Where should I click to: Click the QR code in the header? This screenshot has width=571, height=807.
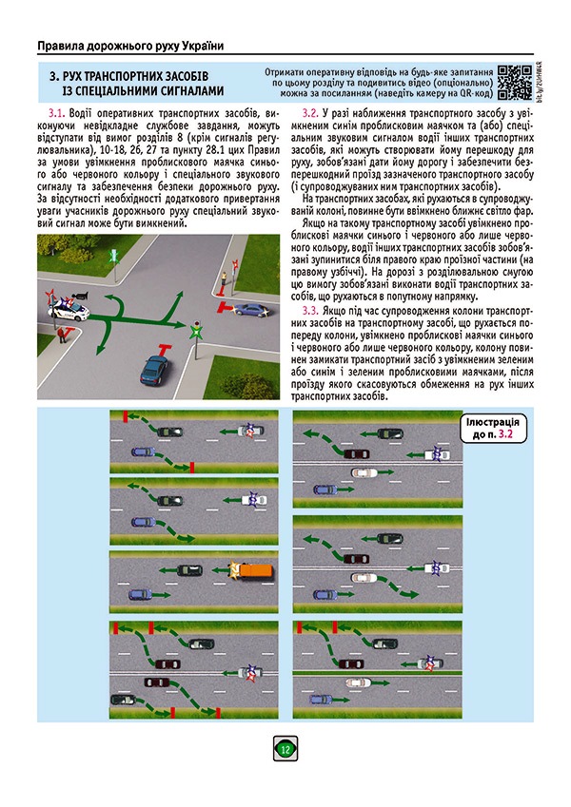(514, 81)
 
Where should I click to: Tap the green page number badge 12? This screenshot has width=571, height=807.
(285, 750)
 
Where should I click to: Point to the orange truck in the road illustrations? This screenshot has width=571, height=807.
(252, 569)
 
